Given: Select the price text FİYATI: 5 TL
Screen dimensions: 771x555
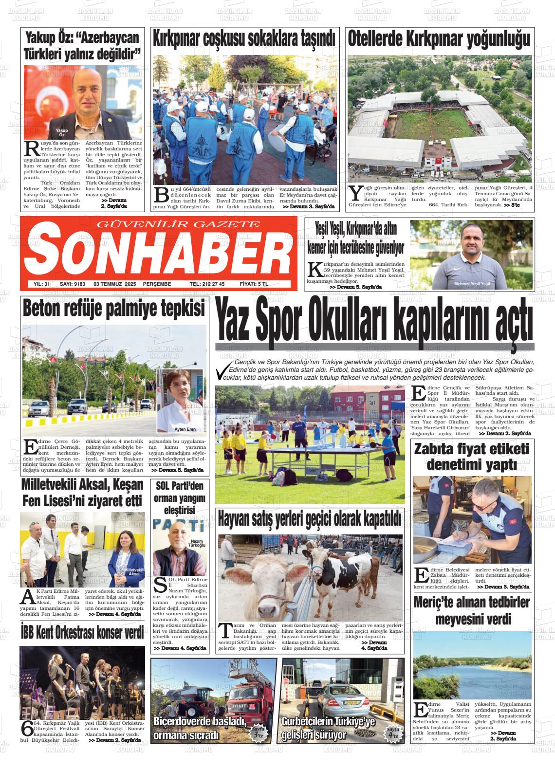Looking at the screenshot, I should [x=254, y=284].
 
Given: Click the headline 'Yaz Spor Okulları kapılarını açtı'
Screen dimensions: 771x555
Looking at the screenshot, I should [x=374, y=322].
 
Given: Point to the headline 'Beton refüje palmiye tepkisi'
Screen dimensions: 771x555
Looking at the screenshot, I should [x=114, y=309].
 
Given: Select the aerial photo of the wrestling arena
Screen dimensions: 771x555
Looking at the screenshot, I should [x=440, y=118].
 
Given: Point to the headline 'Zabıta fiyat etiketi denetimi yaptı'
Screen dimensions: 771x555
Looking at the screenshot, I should [x=471, y=456].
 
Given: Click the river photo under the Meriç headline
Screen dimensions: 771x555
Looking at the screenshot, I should [x=472, y=665].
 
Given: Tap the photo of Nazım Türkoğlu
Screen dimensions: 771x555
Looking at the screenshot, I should [x=179, y=548].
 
